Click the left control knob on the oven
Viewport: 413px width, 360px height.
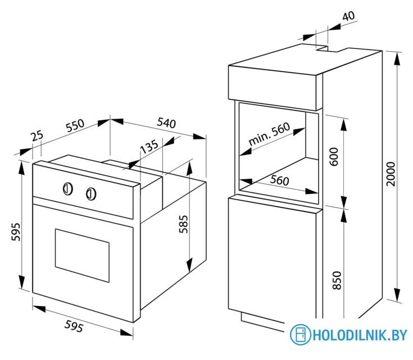[68, 189]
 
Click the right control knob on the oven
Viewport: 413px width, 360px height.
[91, 194]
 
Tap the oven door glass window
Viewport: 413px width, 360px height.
[82, 255]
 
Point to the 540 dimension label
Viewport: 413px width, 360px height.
[166, 123]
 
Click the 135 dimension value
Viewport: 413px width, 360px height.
[149, 146]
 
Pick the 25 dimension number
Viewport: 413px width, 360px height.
[37, 136]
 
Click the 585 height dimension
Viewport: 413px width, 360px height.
[184, 224]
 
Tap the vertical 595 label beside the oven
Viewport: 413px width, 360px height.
[16, 232]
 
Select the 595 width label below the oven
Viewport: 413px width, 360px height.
[74, 326]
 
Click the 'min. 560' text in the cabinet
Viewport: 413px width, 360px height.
[269, 134]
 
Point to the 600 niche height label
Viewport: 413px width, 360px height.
[334, 157]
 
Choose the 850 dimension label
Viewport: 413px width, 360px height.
[337, 280]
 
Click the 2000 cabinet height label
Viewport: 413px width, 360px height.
[391, 174]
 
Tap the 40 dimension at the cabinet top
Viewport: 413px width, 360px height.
[348, 16]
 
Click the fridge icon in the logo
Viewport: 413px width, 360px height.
[300, 335]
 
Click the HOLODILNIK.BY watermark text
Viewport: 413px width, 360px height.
[360, 335]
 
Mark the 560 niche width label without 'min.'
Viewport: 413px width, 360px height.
[279, 180]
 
